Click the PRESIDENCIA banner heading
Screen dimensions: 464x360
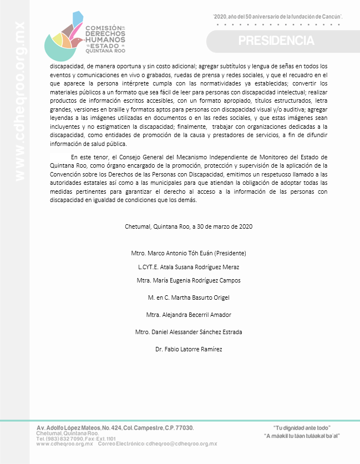click(276, 41)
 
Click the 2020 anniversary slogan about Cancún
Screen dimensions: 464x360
click(277, 17)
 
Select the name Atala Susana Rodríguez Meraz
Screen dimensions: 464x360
click(189, 267)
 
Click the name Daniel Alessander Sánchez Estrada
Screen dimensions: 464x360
click(196, 332)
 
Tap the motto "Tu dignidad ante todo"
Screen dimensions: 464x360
click(302, 428)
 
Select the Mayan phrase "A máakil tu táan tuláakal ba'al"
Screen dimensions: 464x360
click(302, 436)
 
